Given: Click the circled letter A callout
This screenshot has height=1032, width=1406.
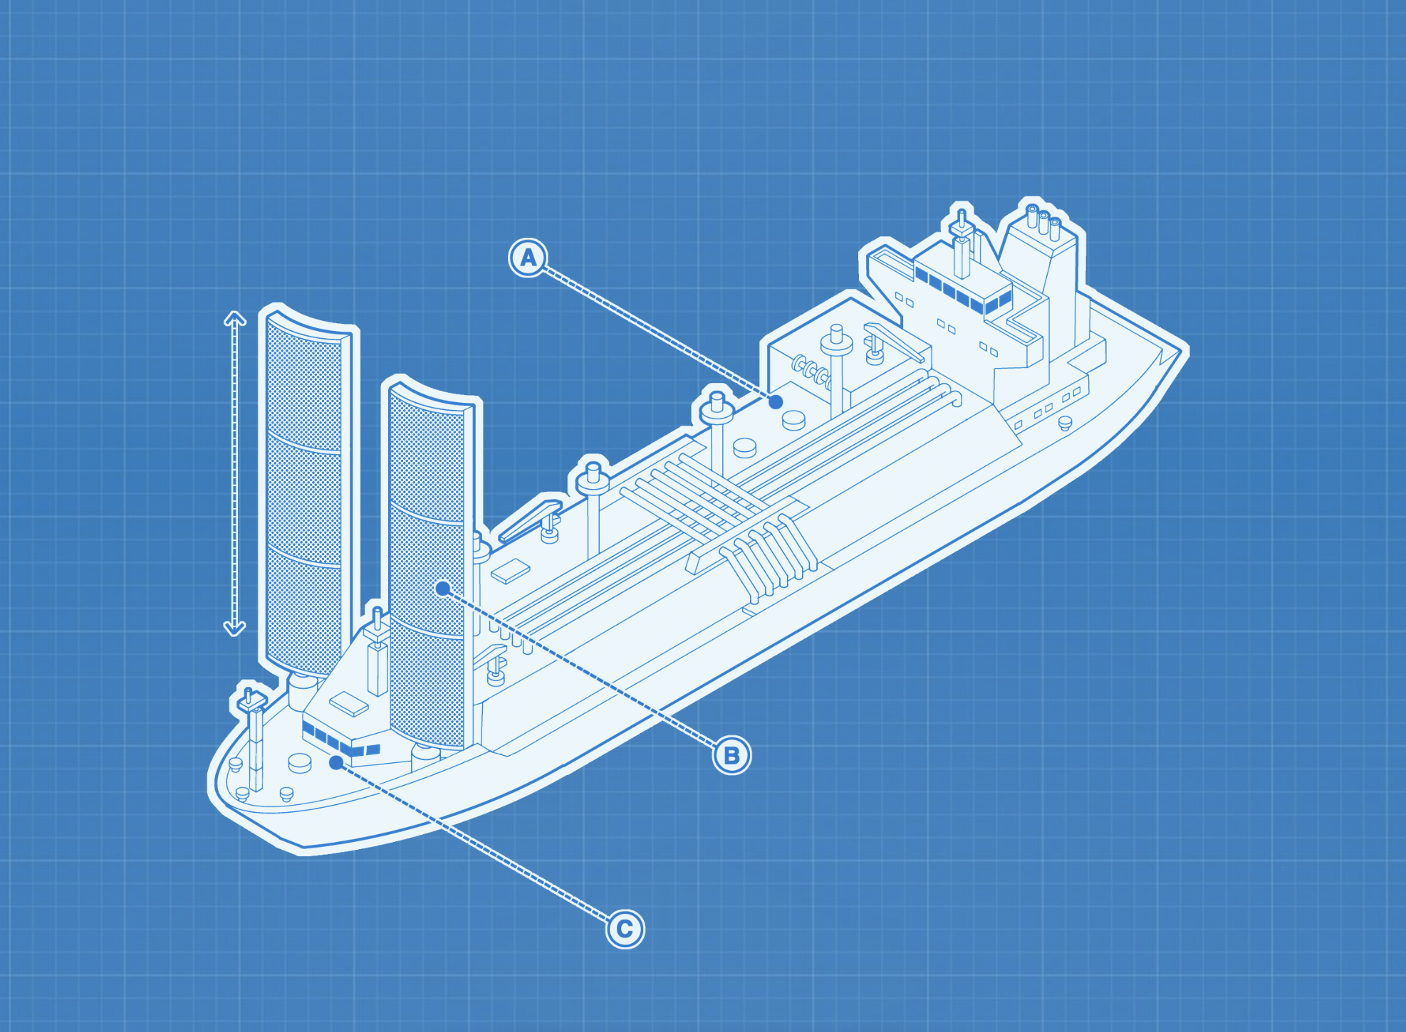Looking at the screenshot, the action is (x=528, y=257).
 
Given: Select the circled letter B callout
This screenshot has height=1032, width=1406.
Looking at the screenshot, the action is (x=731, y=754).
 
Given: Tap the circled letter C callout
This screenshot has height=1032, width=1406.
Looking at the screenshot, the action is (x=625, y=928).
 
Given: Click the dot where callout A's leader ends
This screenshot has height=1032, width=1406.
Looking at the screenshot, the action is (x=776, y=401).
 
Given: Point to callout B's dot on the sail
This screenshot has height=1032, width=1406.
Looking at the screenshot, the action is (x=443, y=588).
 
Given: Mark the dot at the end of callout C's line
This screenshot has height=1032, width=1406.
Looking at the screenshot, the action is (x=336, y=763).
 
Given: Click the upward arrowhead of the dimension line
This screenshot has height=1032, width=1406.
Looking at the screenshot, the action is (x=235, y=318).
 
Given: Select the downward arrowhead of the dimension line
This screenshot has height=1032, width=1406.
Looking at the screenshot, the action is (x=235, y=628).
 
